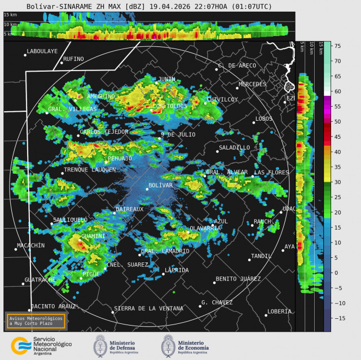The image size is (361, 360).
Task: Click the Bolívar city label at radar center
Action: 160,185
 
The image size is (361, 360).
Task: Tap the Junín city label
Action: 166,79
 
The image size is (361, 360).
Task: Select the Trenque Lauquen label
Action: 90,169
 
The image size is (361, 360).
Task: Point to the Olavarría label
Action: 205,228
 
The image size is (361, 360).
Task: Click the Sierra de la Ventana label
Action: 148,309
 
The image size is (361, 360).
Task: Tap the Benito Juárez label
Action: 238,279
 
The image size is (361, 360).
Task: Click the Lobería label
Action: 279,311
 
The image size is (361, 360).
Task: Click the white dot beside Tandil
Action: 249,260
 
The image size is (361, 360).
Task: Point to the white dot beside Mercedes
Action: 237,87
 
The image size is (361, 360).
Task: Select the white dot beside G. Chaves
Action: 200,306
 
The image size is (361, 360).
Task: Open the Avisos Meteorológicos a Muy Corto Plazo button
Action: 36,321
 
